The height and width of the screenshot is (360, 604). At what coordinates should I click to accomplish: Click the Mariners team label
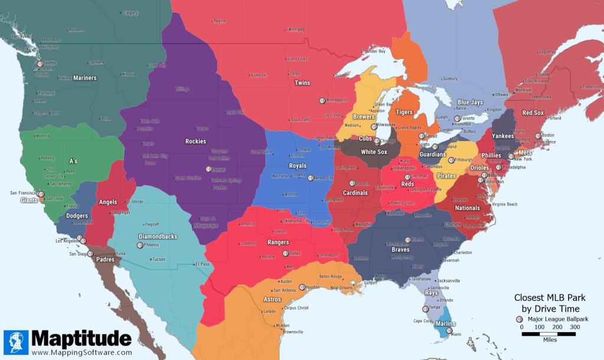85,78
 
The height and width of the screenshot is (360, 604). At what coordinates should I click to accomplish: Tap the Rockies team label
196,141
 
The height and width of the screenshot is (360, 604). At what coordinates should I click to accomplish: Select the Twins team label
302,83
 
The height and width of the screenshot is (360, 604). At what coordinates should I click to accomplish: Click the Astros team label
271,300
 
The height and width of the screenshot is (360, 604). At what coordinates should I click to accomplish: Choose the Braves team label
400,250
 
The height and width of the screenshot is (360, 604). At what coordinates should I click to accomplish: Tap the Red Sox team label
533,113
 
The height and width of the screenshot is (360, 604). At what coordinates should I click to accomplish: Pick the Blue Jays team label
470,102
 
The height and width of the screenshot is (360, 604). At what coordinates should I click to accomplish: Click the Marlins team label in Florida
446,323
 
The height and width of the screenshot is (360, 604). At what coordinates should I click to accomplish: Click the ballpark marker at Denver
209,169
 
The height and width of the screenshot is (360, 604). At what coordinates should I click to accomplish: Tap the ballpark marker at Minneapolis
322,100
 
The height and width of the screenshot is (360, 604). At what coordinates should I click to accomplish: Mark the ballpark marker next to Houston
302,287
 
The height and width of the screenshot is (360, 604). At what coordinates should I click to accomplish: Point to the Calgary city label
130,13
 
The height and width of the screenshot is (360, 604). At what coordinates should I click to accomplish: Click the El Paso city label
203,263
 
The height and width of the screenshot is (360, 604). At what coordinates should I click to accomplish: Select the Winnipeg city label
295,29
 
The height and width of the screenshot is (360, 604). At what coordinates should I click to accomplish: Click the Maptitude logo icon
16,342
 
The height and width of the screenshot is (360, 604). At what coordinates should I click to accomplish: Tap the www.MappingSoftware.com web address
81,352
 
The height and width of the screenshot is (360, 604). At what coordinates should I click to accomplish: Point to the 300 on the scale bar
575,327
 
